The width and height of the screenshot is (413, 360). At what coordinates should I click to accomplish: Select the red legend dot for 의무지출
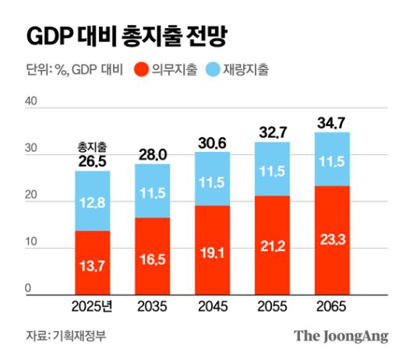tap(142, 69)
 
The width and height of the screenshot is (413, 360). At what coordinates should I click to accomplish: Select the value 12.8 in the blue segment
tap(93, 204)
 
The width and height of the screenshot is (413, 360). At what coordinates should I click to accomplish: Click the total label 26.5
tap(93, 161)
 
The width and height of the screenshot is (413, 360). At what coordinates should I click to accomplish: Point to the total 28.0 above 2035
tap(153, 155)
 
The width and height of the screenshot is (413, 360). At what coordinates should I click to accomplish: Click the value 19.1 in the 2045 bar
tap(213, 253)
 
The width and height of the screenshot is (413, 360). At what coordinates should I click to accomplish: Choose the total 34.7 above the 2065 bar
tap(333, 122)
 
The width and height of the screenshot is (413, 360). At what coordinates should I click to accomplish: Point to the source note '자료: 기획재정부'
tap(59, 336)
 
